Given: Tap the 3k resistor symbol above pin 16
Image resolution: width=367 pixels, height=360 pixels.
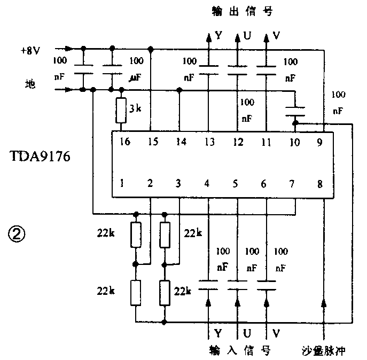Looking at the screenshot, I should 122,111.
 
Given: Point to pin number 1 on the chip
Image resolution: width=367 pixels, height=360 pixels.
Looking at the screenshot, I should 122,184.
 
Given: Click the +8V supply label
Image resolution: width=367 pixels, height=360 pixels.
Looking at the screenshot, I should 30,51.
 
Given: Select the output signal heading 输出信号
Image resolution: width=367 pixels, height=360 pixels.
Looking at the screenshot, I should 238,11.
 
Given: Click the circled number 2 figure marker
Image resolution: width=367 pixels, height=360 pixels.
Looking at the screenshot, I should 17,233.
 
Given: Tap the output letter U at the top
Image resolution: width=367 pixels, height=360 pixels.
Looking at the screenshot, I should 247,36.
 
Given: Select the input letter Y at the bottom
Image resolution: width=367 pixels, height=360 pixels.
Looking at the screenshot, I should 218,332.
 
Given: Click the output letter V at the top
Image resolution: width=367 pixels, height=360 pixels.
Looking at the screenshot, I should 276,36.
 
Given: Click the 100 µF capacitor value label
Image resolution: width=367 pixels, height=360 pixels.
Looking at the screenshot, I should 137,69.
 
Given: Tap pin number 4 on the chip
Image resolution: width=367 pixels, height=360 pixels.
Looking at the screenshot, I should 207,184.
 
